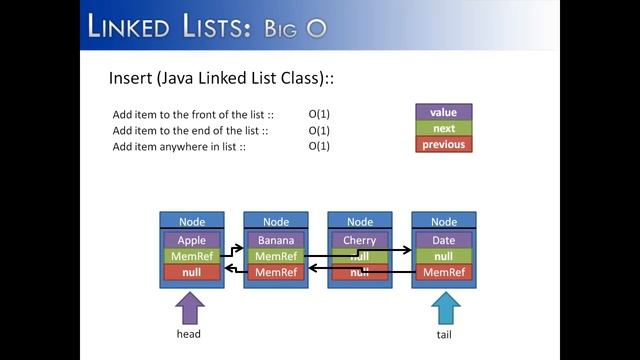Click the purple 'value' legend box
point(443,113)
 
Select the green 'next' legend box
point(443,128)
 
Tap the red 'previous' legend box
point(443,144)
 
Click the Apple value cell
point(192,240)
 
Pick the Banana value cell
point(276,240)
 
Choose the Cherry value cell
point(360,240)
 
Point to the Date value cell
point(444,240)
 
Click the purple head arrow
point(190,307)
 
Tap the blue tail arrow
point(444,307)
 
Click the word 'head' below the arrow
point(189,334)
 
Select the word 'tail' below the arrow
point(444,335)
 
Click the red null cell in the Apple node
point(192,272)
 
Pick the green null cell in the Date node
point(444,256)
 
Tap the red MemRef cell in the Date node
point(444,272)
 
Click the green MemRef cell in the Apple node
point(192,256)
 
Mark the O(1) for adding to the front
point(319,114)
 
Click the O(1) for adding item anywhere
point(319,146)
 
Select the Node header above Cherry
point(360,221)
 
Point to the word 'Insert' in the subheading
point(127,77)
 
